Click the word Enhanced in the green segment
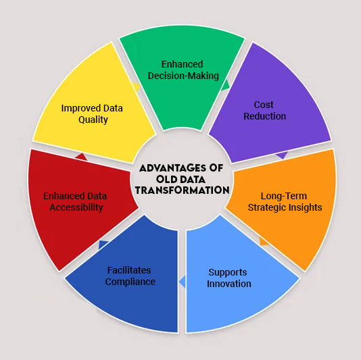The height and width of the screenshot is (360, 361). click(x=182, y=65)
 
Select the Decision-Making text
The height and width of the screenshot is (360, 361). click(x=183, y=76)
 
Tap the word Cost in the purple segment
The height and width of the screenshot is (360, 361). click(x=264, y=105)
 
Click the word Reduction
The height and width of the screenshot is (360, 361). click(x=265, y=116)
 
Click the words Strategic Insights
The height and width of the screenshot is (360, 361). click(x=284, y=207)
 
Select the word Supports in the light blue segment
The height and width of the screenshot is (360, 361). click(x=227, y=272)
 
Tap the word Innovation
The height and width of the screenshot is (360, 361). click(x=229, y=284)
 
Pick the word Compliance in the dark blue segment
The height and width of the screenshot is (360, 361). click(x=130, y=282)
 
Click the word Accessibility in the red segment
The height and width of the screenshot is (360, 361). click(x=76, y=207)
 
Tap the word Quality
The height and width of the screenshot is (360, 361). click(x=93, y=120)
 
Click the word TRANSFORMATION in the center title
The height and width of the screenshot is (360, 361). click(x=182, y=190)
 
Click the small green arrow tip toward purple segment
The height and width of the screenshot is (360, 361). click(x=226, y=85)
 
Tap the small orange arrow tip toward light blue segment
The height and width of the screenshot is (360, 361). click(x=264, y=241)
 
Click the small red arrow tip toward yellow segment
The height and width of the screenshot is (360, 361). click(x=80, y=156)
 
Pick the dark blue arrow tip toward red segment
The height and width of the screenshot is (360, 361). click(x=103, y=245)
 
